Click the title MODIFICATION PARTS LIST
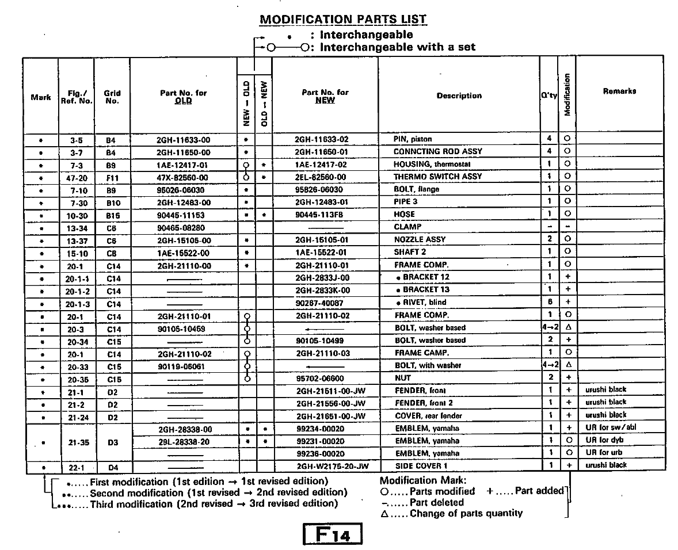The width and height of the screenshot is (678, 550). [x=343, y=19]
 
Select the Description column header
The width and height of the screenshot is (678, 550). [x=459, y=96]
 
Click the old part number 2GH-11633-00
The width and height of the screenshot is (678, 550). [x=184, y=139]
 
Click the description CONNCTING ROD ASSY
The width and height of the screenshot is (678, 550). [x=437, y=152]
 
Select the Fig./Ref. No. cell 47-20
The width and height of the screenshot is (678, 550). [x=77, y=178]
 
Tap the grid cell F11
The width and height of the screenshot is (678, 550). [x=112, y=178]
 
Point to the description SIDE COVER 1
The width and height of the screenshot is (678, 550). [x=421, y=466]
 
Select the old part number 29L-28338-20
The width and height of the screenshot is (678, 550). [x=184, y=441]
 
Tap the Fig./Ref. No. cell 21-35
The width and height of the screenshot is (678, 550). [x=77, y=441]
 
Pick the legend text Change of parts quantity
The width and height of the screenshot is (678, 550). [x=466, y=514]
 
